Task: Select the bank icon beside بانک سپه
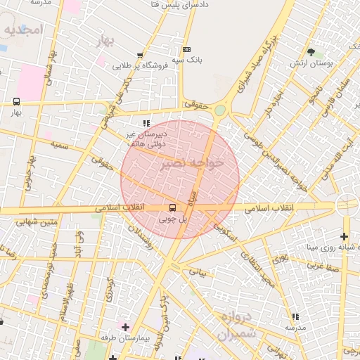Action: [x=186, y=49]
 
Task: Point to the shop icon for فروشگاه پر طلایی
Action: [x=140, y=55]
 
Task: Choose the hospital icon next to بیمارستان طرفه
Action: [x=125, y=327]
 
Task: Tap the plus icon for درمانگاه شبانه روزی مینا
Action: [x=344, y=236]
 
